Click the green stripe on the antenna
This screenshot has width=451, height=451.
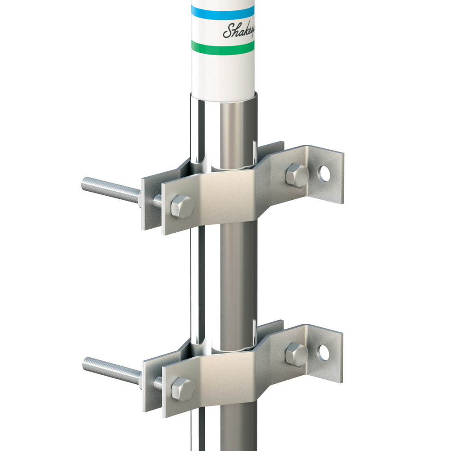point(223,46)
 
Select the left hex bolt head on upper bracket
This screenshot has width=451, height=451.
point(182,206)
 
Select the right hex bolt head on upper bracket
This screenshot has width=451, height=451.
point(297,175)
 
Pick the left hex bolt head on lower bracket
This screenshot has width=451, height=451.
point(183,388)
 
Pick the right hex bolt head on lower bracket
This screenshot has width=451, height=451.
point(296,354)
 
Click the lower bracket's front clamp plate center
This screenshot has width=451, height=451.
point(225,374)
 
